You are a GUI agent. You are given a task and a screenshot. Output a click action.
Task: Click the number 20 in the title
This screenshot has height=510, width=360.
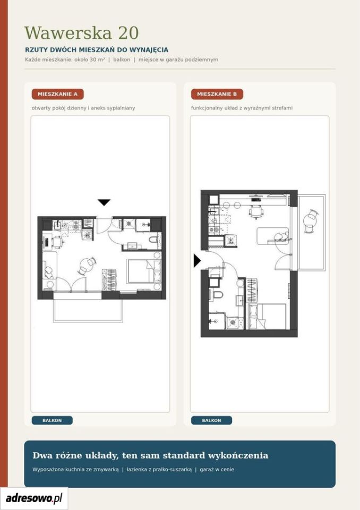coord(128,33)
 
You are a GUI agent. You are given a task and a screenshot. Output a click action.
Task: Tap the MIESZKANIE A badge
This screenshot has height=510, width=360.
coord(57,95)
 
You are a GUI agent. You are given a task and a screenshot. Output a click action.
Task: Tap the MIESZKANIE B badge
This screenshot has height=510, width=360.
coord(217,95)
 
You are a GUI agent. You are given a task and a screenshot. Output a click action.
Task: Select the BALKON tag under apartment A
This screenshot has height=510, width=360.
coord(52,420)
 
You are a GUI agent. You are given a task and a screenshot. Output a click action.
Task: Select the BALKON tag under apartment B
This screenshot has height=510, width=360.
coord(211,420)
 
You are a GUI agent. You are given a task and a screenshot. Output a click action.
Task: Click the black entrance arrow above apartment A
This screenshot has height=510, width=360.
coord(104,202)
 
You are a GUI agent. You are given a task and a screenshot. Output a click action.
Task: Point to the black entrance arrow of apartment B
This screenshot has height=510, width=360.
coord(197,261)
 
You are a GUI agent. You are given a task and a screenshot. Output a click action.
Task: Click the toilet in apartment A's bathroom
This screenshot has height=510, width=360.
coord(153,240)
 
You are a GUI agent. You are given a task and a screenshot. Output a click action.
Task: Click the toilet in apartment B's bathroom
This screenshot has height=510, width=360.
coord(217,295)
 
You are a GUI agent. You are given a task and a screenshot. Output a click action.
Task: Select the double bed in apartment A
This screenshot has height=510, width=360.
coord(144,271)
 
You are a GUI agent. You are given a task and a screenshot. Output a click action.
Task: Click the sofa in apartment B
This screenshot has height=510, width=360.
coord(273,236)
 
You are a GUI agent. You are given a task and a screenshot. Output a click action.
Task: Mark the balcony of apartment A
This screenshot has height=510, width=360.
coord(88,310)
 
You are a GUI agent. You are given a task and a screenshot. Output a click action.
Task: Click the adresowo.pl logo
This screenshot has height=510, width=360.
coord(34,498)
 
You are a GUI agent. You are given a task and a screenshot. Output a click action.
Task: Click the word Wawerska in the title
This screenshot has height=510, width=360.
coord(68,33)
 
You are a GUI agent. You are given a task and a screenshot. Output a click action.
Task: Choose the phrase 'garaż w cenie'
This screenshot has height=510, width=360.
coord(217,469)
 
